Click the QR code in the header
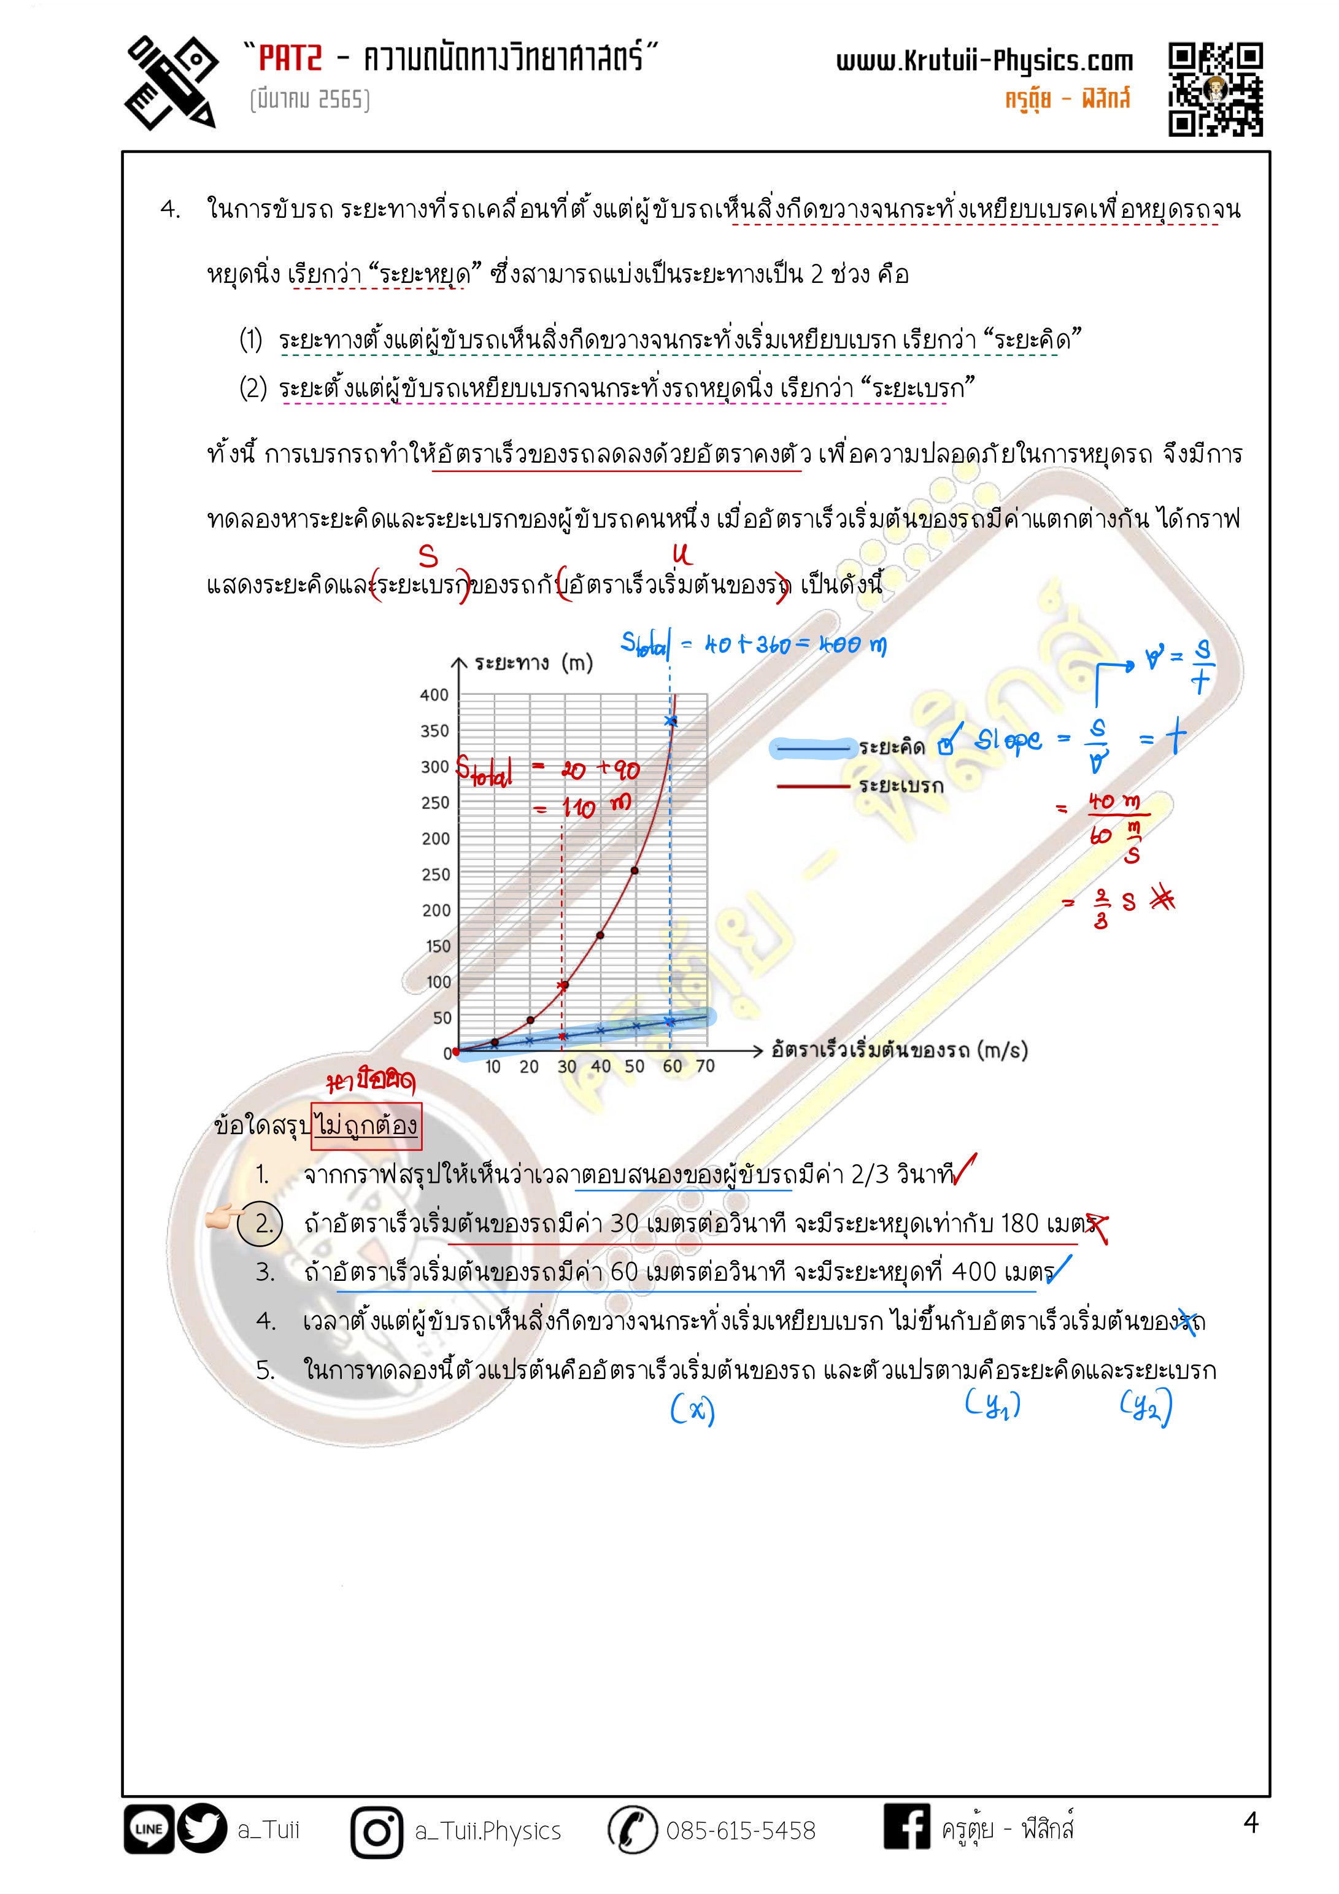tap(1214, 89)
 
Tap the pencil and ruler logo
tap(171, 82)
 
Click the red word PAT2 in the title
tap(290, 58)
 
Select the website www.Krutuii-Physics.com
tap(984, 61)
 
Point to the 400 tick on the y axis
tap(434, 695)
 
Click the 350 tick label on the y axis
tap(434, 731)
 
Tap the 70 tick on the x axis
tap(705, 1066)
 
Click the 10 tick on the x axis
tap(493, 1067)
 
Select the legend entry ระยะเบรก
tap(901, 786)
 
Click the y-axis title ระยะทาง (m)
tap(533, 663)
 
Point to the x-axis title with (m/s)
tap(899, 1050)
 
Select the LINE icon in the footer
tap(149, 1829)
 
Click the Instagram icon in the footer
tap(377, 1831)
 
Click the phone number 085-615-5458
tap(740, 1831)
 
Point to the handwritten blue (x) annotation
tap(692, 1409)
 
